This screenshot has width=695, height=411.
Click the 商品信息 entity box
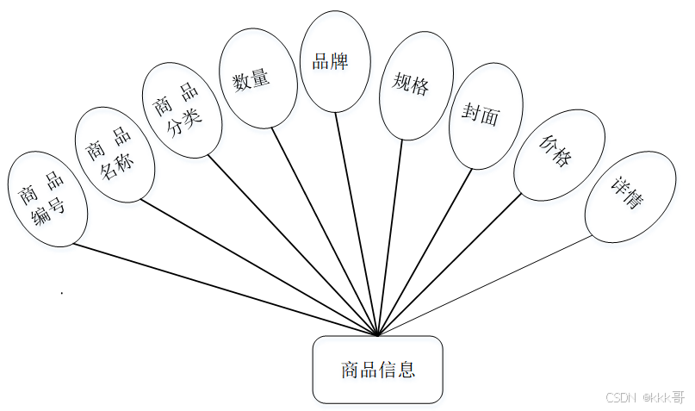pos(377,370)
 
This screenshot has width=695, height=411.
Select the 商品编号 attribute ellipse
pos(47,198)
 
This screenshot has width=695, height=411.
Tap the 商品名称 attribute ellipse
pos(116,153)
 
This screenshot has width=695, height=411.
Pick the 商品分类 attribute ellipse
pos(182,109)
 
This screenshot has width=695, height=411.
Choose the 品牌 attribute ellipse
pos(335,62)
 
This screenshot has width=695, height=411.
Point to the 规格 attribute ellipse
pos(416,85)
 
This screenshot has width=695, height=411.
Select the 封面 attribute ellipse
pos(486,115)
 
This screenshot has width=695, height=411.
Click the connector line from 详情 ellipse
pos(482,287)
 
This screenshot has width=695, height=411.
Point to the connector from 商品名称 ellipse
pos(258,266)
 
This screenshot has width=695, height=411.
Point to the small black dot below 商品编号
pos(62,294)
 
